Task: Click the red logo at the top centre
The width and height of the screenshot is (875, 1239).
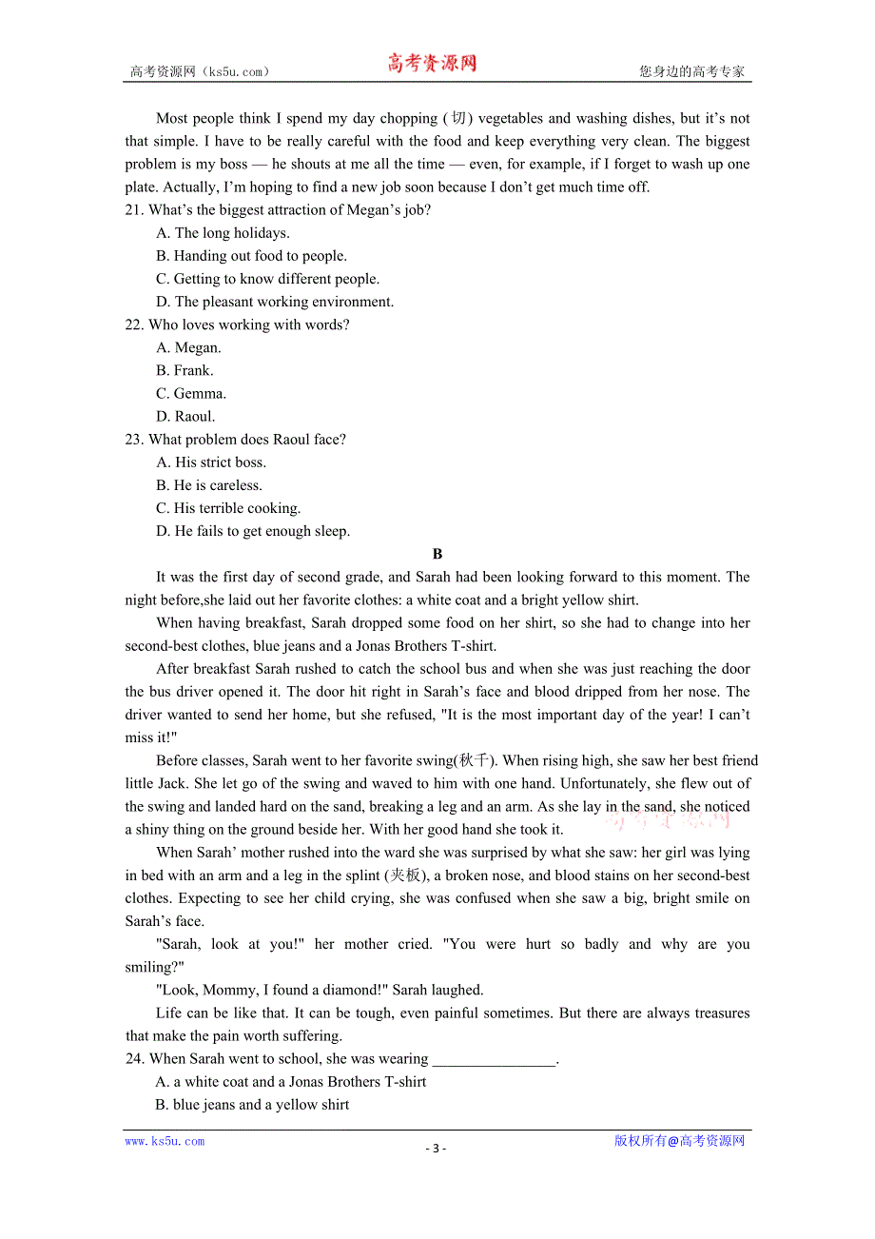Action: pyautogui.click(x=431, y=64)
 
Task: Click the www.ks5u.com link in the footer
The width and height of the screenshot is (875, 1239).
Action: pyautogui.click(x=165, y=1141)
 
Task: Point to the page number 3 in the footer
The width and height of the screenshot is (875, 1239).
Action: pyautogui.click(x=436, y=1148)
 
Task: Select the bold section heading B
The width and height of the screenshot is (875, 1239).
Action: pyautogui.click(x=437, y=554)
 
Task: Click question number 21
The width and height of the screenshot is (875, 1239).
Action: pyautogui.click(x=134, y=210)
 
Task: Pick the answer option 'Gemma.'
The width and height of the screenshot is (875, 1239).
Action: pyautogui.click(x=191, y=394)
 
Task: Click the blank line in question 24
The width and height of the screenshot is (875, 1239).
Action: pyautogui.click(x=493, y=1059)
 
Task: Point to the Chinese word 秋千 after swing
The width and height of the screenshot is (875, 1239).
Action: pyautogui.click(x=475, y=760)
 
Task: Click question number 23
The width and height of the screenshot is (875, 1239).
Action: pyautogui.click(x=134, y=440)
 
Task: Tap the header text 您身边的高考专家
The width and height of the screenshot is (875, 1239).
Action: pyautogui.click(x=691, y=71)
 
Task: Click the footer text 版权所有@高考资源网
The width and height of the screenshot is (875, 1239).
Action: pyautogui.click(x=679, y=1141)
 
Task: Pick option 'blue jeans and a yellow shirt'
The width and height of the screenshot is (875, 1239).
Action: pyautogui.click(x=252, y=1105)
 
